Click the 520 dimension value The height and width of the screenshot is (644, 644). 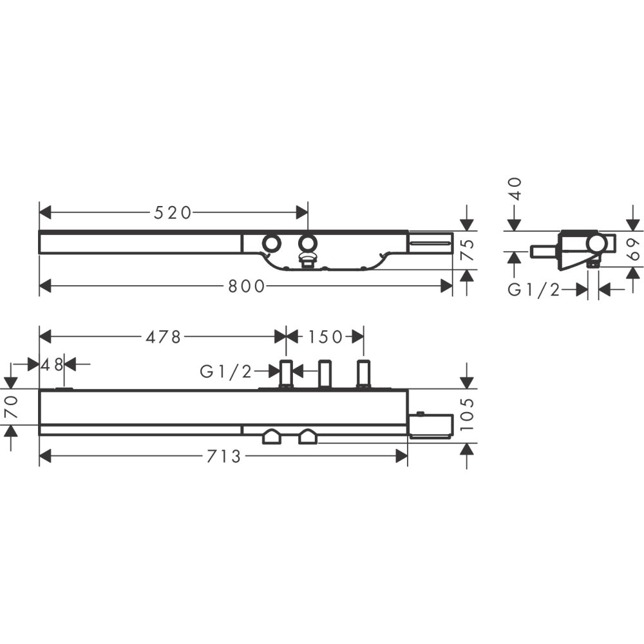(173, 213)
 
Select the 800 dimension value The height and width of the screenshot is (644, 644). (247, 287)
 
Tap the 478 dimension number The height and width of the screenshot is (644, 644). (163, 337)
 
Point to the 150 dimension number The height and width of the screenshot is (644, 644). (325, 337)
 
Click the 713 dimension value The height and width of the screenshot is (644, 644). (223, 457)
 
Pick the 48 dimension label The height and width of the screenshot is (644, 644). (52, 364)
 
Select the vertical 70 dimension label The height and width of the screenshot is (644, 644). (11, 406)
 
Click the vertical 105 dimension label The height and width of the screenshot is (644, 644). (467, 414)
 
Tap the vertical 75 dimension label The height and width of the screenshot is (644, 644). (467, 250)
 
